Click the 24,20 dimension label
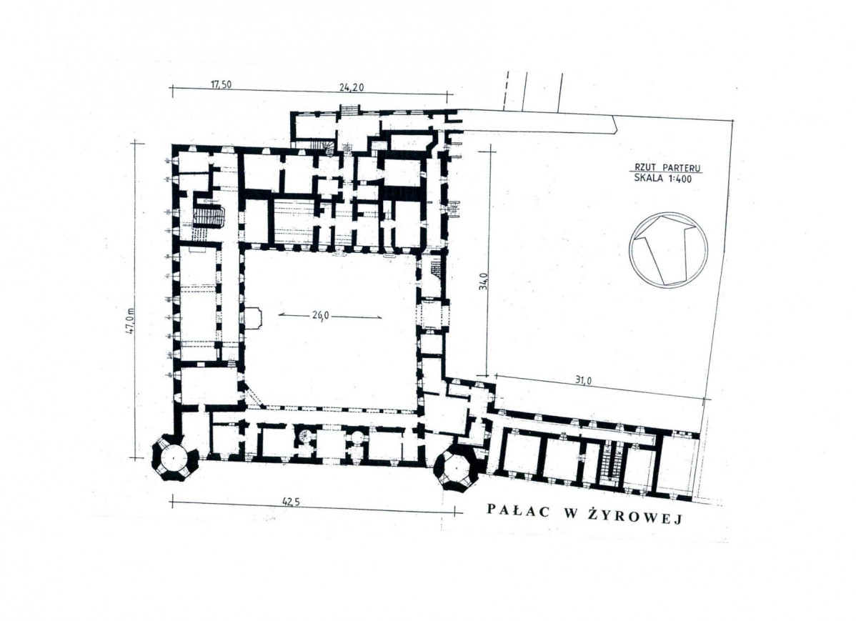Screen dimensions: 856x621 tap(351, 87)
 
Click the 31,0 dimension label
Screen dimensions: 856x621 tap(583, 381)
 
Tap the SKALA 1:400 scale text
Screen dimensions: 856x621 tap(663, 177)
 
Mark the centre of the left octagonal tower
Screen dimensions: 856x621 tap(174, 457)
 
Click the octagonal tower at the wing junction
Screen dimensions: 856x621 tap(455, 467)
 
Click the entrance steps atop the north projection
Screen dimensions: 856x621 tap(349, 111)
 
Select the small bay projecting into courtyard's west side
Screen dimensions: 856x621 tap(253, 317)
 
